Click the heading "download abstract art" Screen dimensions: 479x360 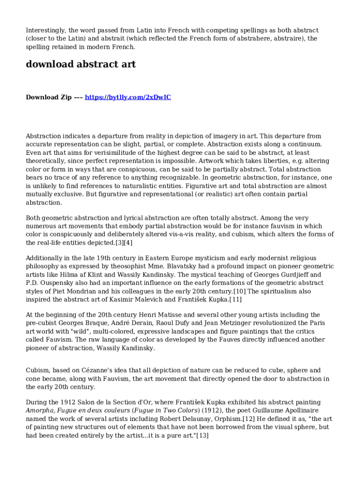80,65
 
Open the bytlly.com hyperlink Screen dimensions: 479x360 128,97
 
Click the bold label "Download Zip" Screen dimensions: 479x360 49,97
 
